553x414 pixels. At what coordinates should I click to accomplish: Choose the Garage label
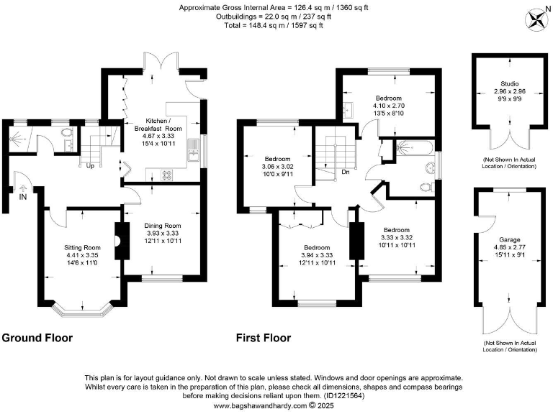point(509,239)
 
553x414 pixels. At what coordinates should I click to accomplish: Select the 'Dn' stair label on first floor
point(346,172)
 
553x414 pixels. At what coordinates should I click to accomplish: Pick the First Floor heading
point(264,337)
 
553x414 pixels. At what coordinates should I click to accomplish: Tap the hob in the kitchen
point(166,174)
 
